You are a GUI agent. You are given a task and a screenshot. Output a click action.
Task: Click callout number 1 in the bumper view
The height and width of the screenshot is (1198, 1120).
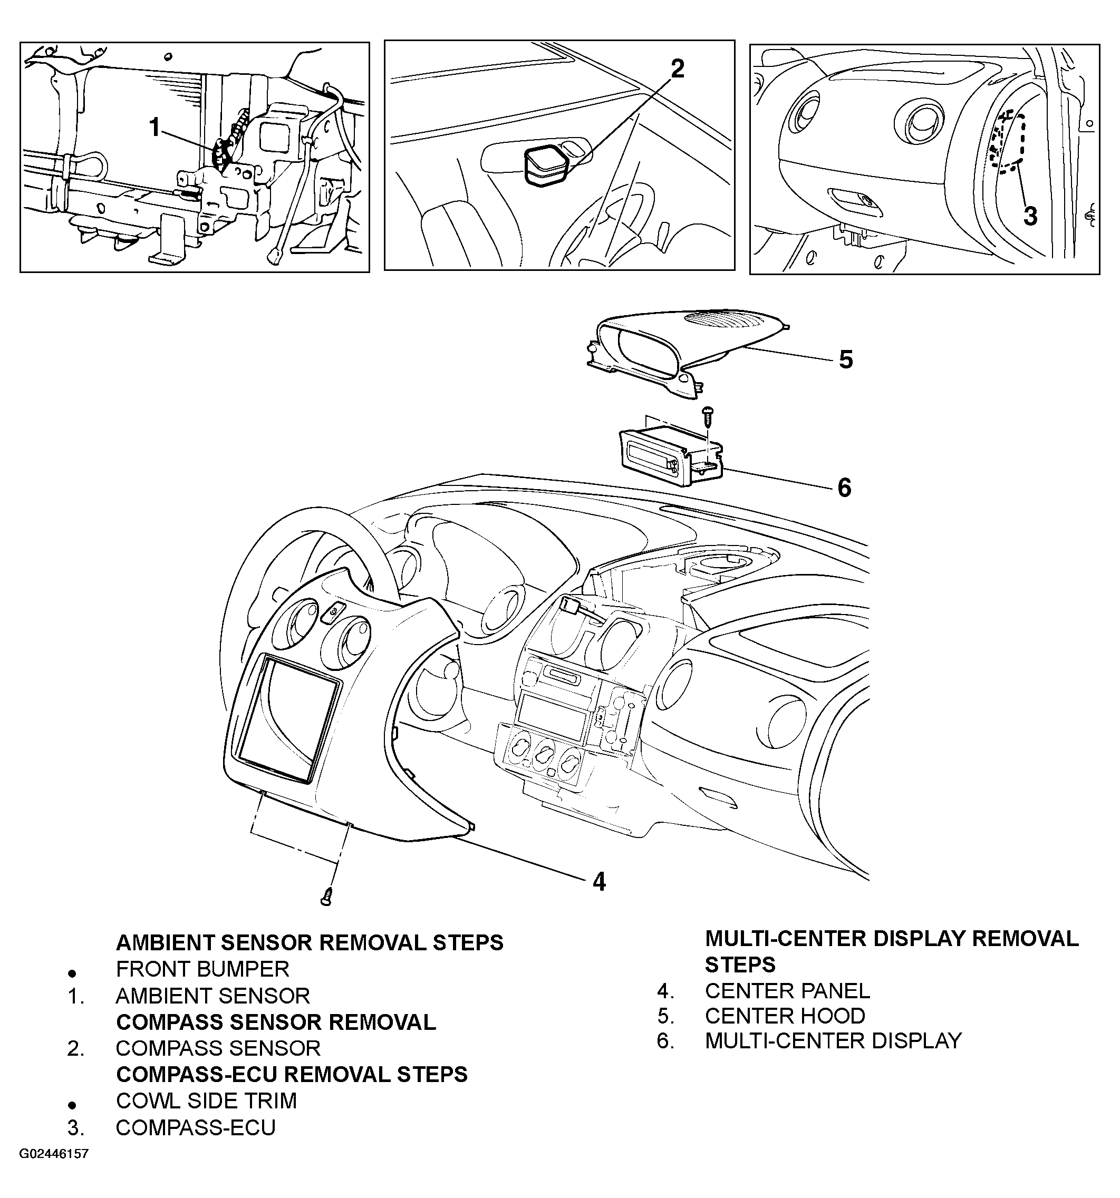tap(155, 128)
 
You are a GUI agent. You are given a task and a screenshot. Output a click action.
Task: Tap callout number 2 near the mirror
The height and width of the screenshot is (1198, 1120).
tap(678, 69)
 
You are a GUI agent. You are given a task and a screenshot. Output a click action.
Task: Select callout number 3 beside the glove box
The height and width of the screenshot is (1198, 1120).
tap(1030, 216)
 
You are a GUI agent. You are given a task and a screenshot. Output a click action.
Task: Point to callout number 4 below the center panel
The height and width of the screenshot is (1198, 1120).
tap(598, 882)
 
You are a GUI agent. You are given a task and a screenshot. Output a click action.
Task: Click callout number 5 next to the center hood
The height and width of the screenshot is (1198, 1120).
tap(846, 360)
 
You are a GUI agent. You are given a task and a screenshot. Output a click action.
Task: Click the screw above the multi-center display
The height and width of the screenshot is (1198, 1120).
tap(708, 415)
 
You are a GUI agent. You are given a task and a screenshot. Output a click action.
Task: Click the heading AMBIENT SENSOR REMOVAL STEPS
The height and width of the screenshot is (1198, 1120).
tap(309, 942)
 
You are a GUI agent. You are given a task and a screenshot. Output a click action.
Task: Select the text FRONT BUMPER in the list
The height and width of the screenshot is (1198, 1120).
tap(202, 969)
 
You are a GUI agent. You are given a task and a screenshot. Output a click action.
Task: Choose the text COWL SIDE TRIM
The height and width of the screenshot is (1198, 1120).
tap(206, 1100)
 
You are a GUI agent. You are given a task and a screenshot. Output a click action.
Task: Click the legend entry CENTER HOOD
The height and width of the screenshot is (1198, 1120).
tap(785, 1016)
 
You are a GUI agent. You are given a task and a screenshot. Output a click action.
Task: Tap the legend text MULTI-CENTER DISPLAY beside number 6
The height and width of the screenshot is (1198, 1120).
tap(833, 1041)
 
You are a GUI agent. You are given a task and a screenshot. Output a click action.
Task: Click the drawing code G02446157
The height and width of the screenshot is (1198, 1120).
tap(54, 1154)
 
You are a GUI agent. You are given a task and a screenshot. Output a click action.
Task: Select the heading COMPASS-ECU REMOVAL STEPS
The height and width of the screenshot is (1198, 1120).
tap(292, 1074)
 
